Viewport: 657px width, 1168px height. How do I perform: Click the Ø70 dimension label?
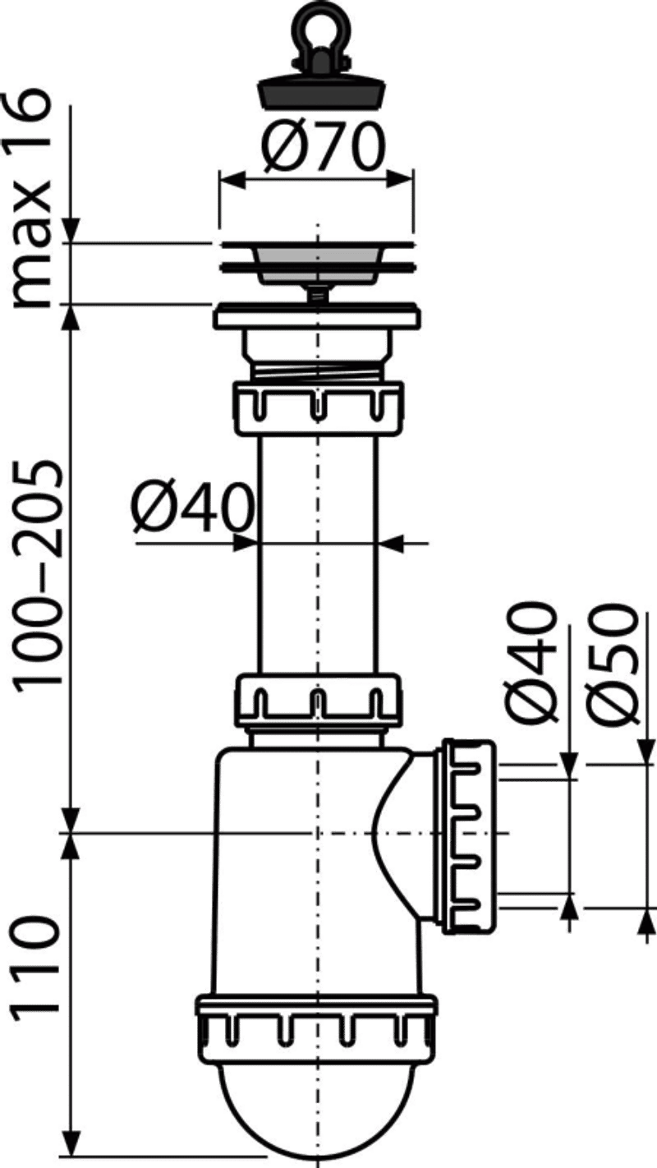click(323, 146)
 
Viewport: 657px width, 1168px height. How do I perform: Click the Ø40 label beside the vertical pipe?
click(193, 507)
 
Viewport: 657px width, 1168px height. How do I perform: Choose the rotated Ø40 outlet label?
click(529, 662)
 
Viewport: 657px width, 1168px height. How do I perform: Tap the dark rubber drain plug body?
click(319, 91)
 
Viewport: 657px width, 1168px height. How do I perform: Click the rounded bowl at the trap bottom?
click(316, 1106)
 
